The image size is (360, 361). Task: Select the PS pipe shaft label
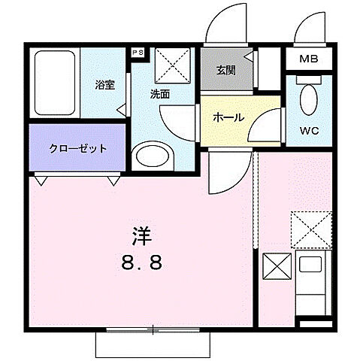(x=138, y=53)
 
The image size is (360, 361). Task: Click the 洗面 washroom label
(x=160, y=96)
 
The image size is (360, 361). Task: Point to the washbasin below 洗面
(x=153, y=156)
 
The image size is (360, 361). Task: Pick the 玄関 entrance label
(x=225, y=71)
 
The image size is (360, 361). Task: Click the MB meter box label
(x=309, y=59)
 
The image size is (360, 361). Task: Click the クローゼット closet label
(x=78, y=148)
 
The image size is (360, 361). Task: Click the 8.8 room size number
(x=142, y=265)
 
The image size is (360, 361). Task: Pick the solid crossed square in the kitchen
(x=274, y=268)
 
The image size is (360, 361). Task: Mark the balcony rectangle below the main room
(x=152, y=343)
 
